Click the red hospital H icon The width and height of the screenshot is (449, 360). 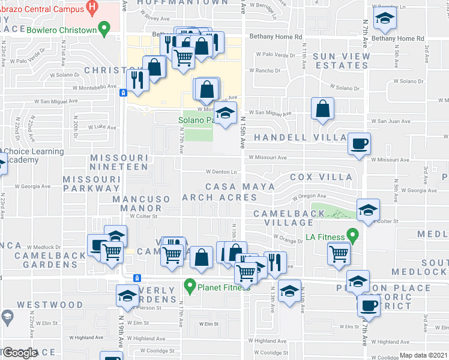92,7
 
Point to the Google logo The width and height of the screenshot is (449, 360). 19,352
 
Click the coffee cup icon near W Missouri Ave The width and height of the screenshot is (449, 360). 360,144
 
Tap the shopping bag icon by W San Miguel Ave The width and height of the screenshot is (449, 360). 323,109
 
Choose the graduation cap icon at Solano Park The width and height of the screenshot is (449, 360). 224,113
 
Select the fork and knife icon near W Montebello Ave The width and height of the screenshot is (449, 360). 139,80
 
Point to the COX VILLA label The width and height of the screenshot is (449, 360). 321,177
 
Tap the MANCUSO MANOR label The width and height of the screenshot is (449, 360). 141,203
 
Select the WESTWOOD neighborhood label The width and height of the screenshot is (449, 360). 50,305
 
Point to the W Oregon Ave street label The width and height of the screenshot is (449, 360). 309,196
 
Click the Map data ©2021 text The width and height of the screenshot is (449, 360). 423,355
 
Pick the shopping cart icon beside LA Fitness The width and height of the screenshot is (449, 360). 339,254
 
